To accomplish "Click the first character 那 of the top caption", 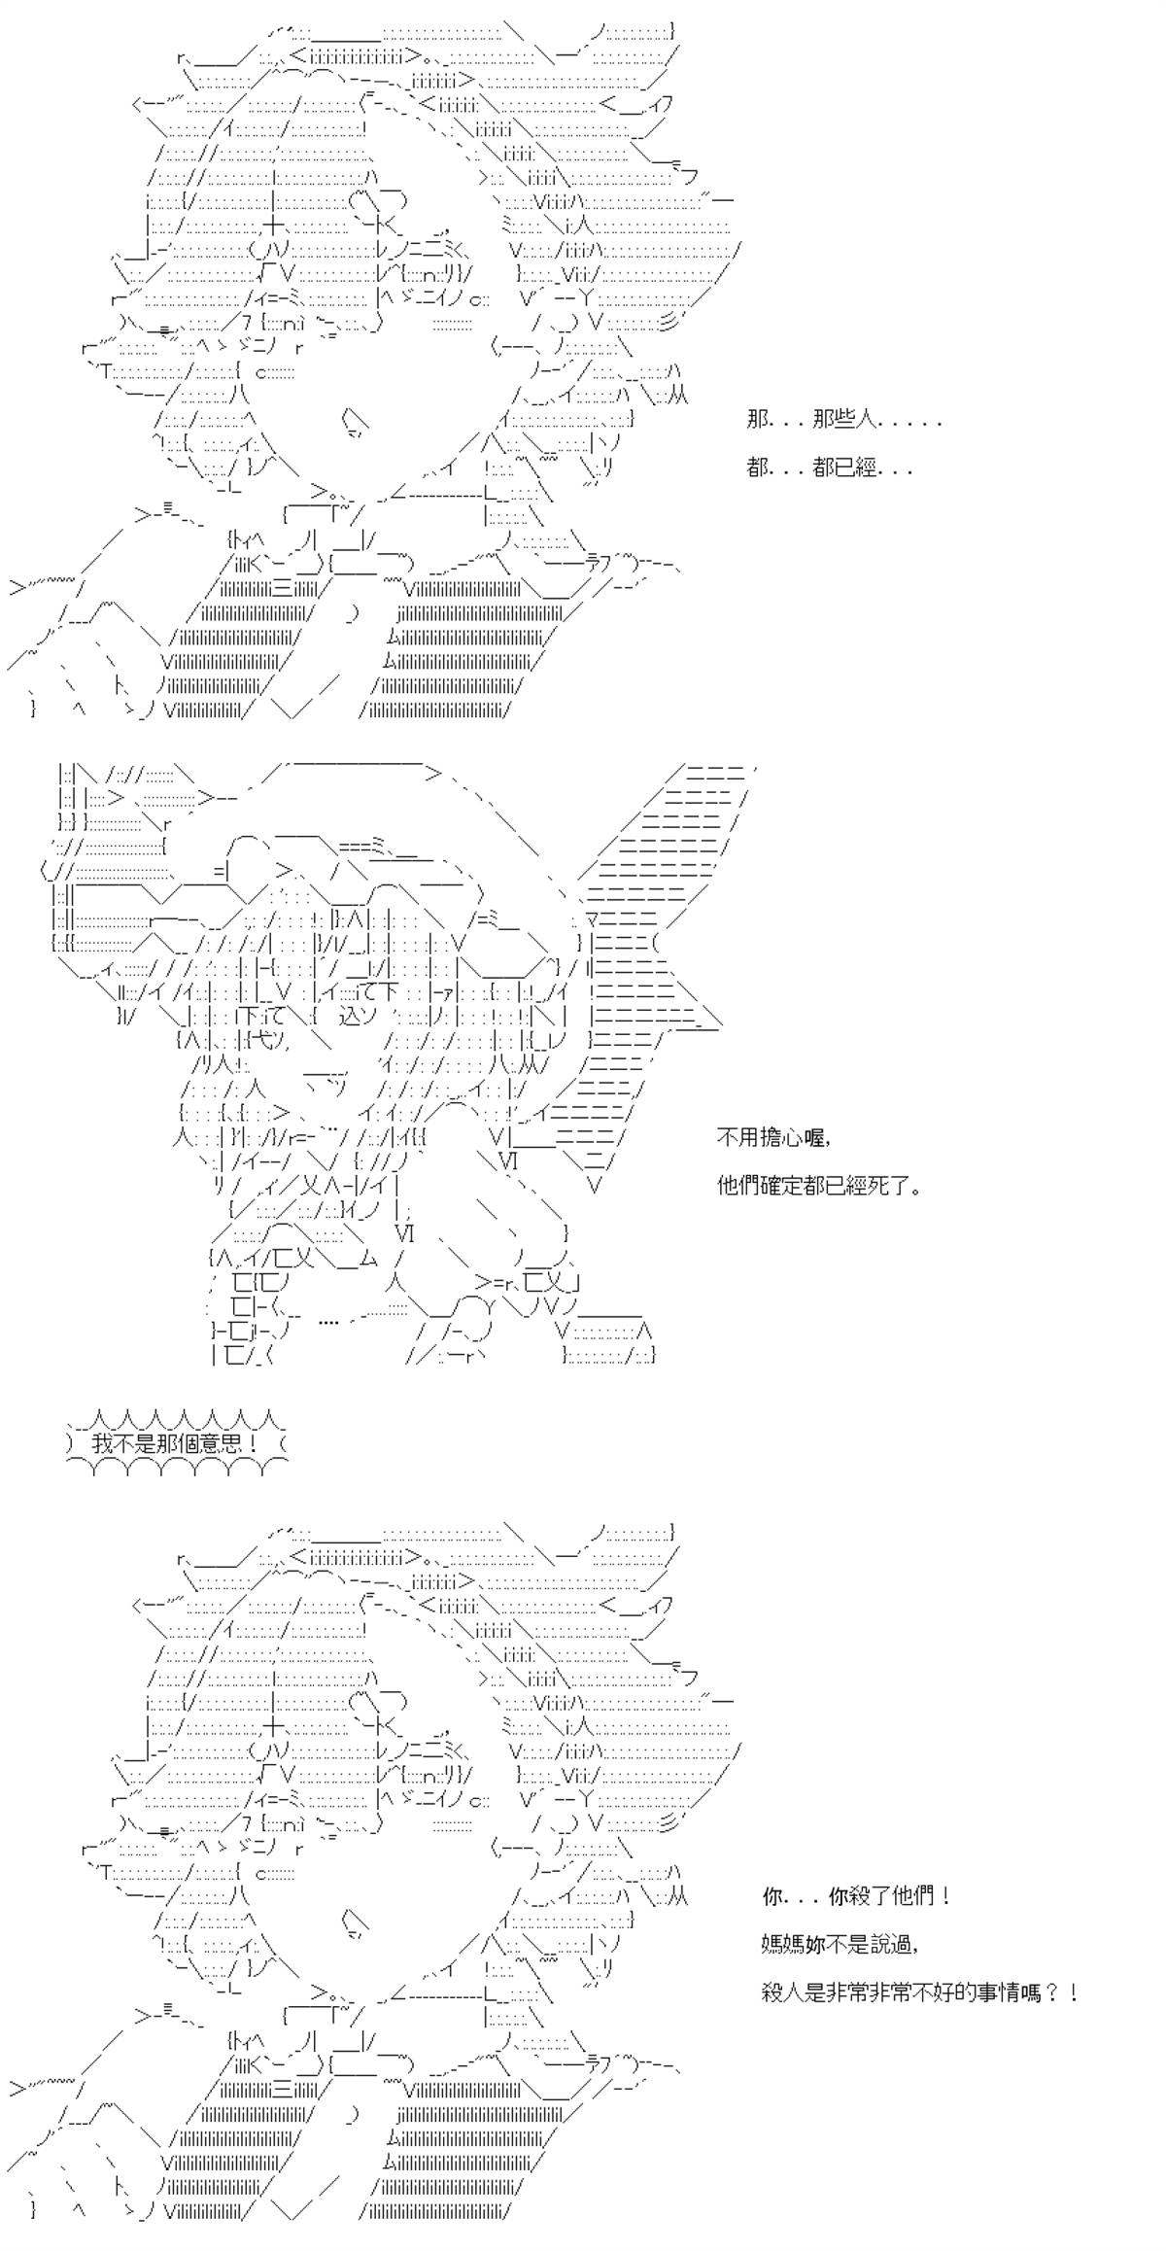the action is pos(758,420).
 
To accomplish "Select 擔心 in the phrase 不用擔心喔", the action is pos(783,1136).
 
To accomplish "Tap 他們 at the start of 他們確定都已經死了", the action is pos(738,1186).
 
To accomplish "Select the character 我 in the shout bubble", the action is pos(103,1444).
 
